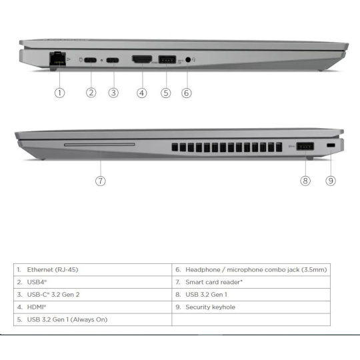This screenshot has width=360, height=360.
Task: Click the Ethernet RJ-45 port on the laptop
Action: click(x=57, y=60)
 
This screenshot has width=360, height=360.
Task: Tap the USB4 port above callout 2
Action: click(x=90, y=60)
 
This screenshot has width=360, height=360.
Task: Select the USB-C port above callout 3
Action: click(x=113, y=61)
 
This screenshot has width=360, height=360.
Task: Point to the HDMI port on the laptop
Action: click(x=142, y=59)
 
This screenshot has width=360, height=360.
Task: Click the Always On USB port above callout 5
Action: click(x=167, y=60)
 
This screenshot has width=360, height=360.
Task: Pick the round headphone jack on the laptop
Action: click(x=188, y=60)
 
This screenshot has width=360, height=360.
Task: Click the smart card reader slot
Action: click(x=99, y=145)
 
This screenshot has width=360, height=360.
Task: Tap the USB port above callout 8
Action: click(x=305, y=146)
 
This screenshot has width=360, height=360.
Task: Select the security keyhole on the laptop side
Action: click(x=331, y=145)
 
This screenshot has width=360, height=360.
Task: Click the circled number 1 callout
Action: click(x=59, y=93)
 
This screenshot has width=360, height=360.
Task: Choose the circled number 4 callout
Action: click(x=141, y=93)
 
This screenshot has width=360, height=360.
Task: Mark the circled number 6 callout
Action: click(x=187, y=93)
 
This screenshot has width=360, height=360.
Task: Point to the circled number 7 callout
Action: click(x=100, y=181)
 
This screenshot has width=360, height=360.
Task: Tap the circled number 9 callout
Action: click(x=331, y=181)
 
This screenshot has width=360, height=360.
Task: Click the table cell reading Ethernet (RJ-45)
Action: click(x=93, y=270)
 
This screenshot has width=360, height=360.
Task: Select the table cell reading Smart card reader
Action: click(x=251, y=282)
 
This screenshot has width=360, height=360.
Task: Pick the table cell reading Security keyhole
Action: click(x=251, y=307)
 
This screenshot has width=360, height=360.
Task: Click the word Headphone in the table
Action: click(x=203, y=270)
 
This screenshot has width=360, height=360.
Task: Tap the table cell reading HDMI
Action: click(x=93, y=307)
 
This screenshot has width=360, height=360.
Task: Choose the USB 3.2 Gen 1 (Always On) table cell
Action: click(x=93, y=319)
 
